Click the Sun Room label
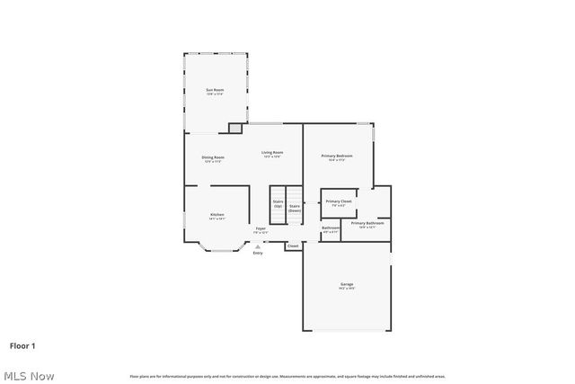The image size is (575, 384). pos(215,90)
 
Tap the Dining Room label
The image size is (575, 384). pos(213,157)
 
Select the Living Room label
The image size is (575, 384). pos(272,153)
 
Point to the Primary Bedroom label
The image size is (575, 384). pos(337,156)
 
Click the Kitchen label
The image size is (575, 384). pos(217,215)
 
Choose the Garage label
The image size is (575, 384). pos(346,285)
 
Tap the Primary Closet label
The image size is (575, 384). pos(339,201)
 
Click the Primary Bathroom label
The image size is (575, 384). pos(367,223)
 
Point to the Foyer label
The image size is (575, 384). pos(261,229)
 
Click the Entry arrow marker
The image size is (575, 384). pos(258,246)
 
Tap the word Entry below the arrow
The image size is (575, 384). pos(258,253)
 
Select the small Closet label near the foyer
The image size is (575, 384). pos(293,246)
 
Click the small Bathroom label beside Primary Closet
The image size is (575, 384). pos(331,228)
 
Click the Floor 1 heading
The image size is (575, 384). pos(22,344)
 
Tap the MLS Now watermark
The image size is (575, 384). pos(29,375)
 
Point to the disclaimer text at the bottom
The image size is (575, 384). pos(287,376)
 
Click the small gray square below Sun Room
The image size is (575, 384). pos(235,129)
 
